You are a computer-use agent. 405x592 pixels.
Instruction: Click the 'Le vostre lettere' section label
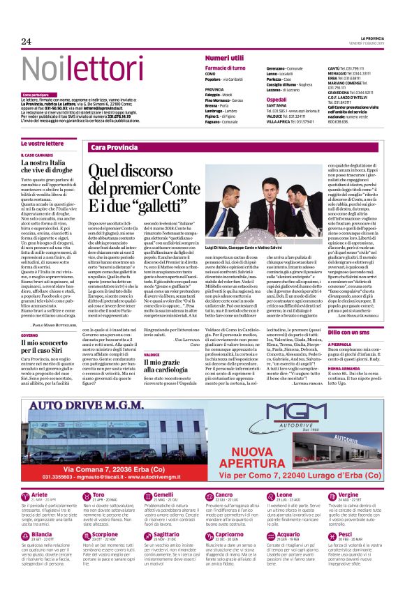pos(42,143)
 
